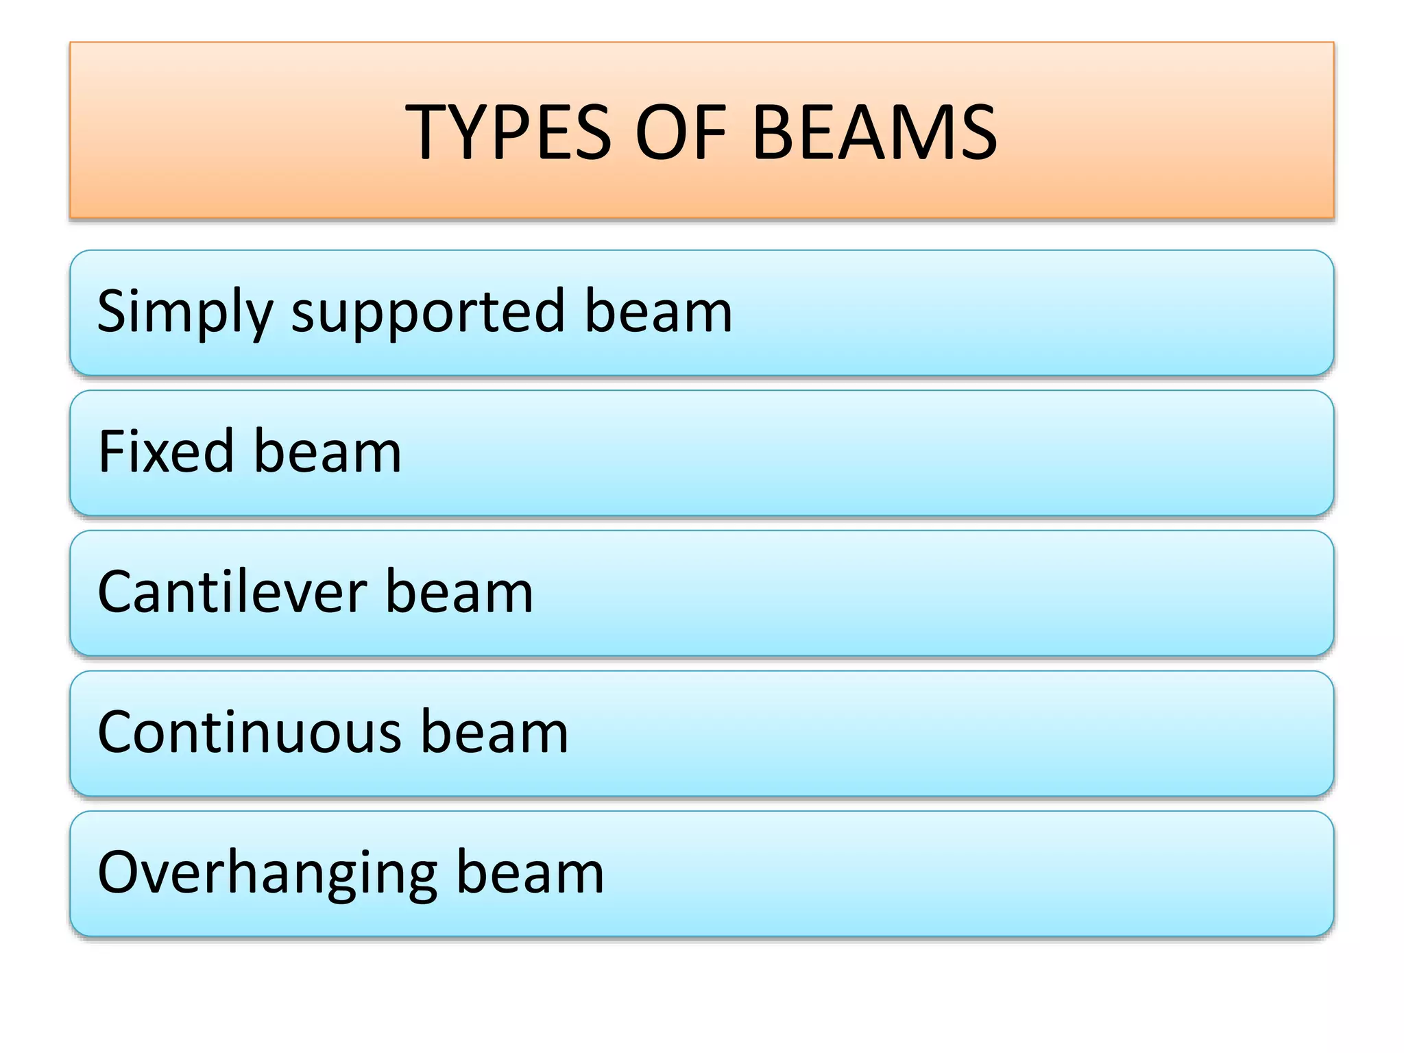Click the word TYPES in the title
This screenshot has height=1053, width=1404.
508,132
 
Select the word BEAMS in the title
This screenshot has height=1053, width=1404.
875,132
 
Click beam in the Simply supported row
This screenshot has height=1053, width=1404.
658,312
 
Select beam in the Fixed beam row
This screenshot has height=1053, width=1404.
328,452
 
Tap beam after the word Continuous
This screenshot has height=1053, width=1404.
494,732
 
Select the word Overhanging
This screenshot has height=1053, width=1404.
267,873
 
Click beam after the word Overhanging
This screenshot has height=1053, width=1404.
530,873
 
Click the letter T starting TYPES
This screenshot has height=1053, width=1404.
426,132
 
